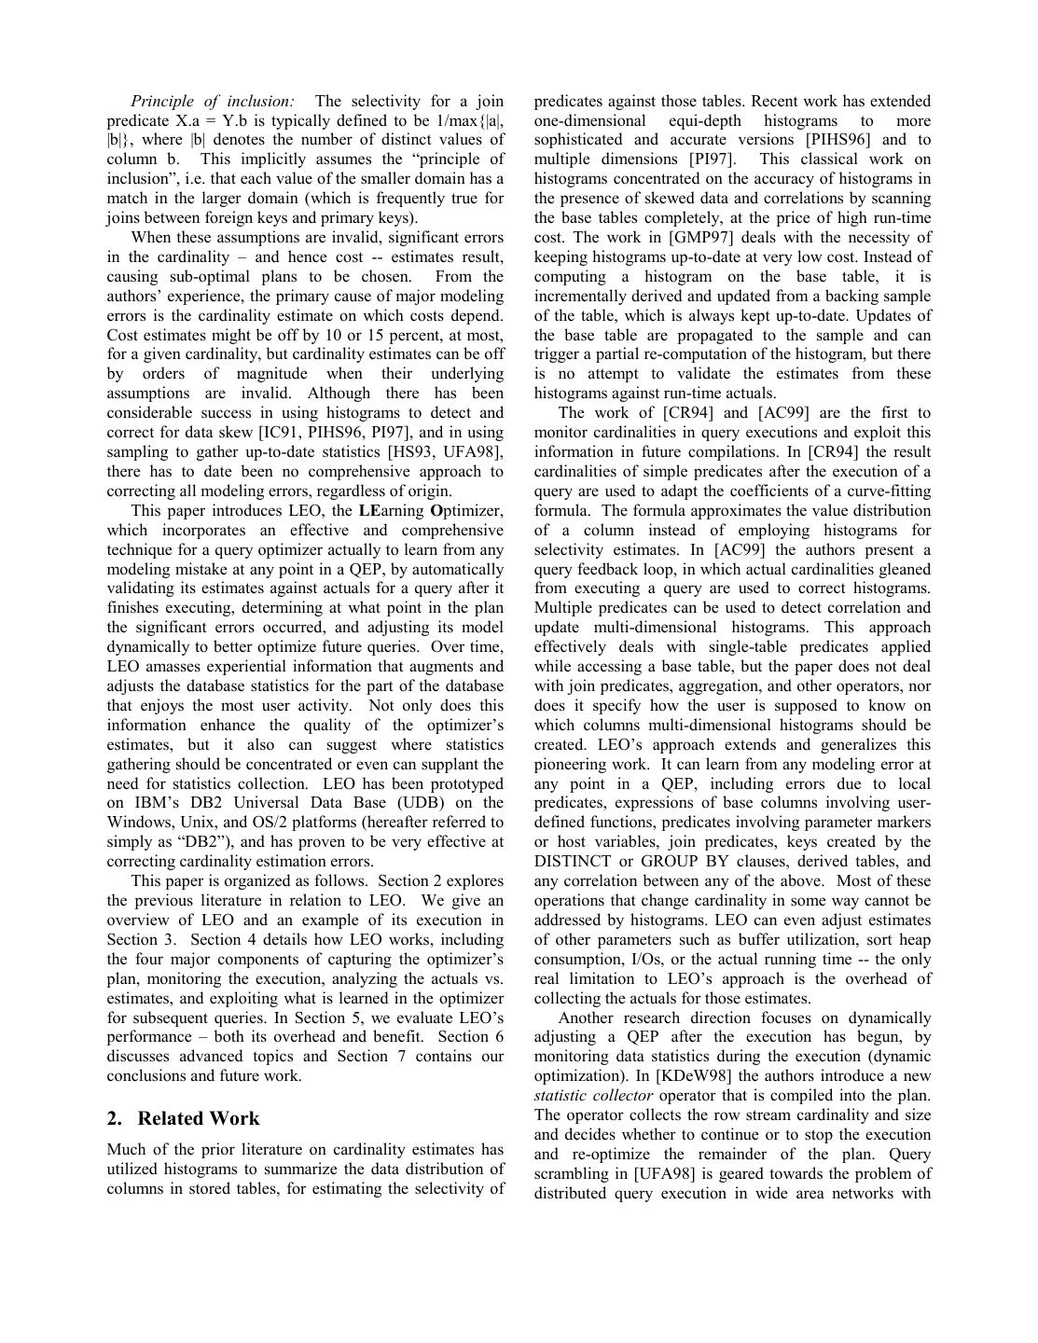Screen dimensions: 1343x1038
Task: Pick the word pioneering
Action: (575, 764)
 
